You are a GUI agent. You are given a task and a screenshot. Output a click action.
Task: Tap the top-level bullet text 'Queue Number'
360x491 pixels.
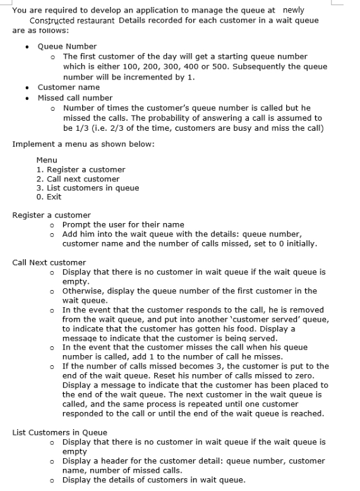pos(67,46)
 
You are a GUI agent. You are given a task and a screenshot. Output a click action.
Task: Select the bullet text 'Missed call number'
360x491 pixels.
pos(75,97)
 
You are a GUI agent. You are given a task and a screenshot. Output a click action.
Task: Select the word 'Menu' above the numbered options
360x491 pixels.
pos(47,161)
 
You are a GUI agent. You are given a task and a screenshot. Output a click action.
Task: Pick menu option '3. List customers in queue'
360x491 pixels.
pos(88,188)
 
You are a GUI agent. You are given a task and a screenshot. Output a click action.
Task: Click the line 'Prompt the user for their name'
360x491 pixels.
pos(123,224)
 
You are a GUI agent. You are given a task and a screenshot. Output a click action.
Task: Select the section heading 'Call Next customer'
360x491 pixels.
pos(49,262)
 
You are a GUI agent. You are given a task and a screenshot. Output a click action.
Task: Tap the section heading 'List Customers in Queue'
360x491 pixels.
pos(59,432)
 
